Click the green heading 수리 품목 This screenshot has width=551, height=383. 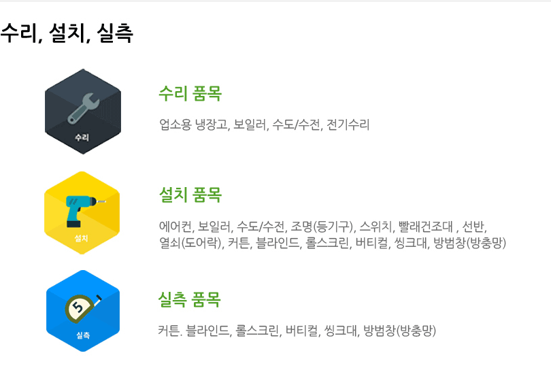(x=190, y=93)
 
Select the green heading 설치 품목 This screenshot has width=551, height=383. (x=190, y=195)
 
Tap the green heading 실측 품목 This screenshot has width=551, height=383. (x=190, y=299)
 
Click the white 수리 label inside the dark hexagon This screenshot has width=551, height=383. (x=82, y=137)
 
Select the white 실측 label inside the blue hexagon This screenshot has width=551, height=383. (x=83, y=335)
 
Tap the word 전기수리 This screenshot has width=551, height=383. (x=348, y=124)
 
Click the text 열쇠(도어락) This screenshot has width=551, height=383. (x=190, y=242)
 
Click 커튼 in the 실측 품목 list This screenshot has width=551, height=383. (x=169, y=331)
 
